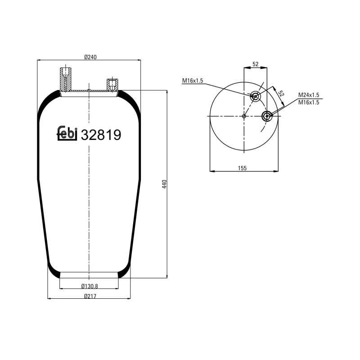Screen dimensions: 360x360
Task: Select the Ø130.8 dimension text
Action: pos(90,286)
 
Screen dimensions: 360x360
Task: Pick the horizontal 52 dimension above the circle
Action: pos(255,64)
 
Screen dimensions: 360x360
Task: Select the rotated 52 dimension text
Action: pos(282,94)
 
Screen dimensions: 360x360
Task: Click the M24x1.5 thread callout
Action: pos(309,95)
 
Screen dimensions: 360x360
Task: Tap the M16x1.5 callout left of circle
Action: pos(193,81)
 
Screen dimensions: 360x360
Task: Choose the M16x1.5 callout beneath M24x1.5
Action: pos(309,103)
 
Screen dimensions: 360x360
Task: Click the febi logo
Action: pos(67,133)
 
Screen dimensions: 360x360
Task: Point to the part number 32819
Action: pos(101,134)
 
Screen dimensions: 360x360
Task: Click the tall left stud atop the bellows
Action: pos(65,78)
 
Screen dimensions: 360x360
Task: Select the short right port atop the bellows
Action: pos(112,84)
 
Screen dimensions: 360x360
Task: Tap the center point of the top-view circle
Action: pos(244,116)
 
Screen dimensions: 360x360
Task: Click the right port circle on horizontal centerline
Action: pos(267,116)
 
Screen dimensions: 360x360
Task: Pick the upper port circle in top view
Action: pos(255,96)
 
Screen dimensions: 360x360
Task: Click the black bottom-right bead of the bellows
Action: pos(124,273)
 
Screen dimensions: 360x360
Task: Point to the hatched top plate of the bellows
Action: pos(89,92)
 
